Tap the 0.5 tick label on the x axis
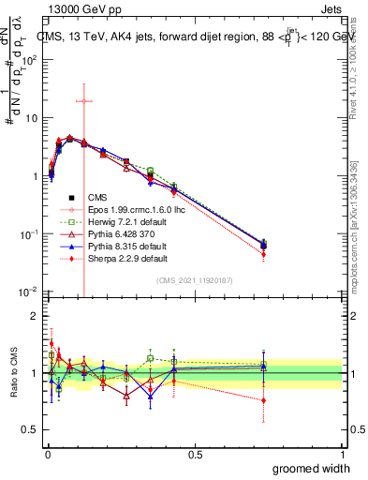tap(195, 454)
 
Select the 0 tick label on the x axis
tap(48, 454)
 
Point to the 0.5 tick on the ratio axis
tap(28, 430)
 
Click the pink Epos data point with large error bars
tap(84, 100)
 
